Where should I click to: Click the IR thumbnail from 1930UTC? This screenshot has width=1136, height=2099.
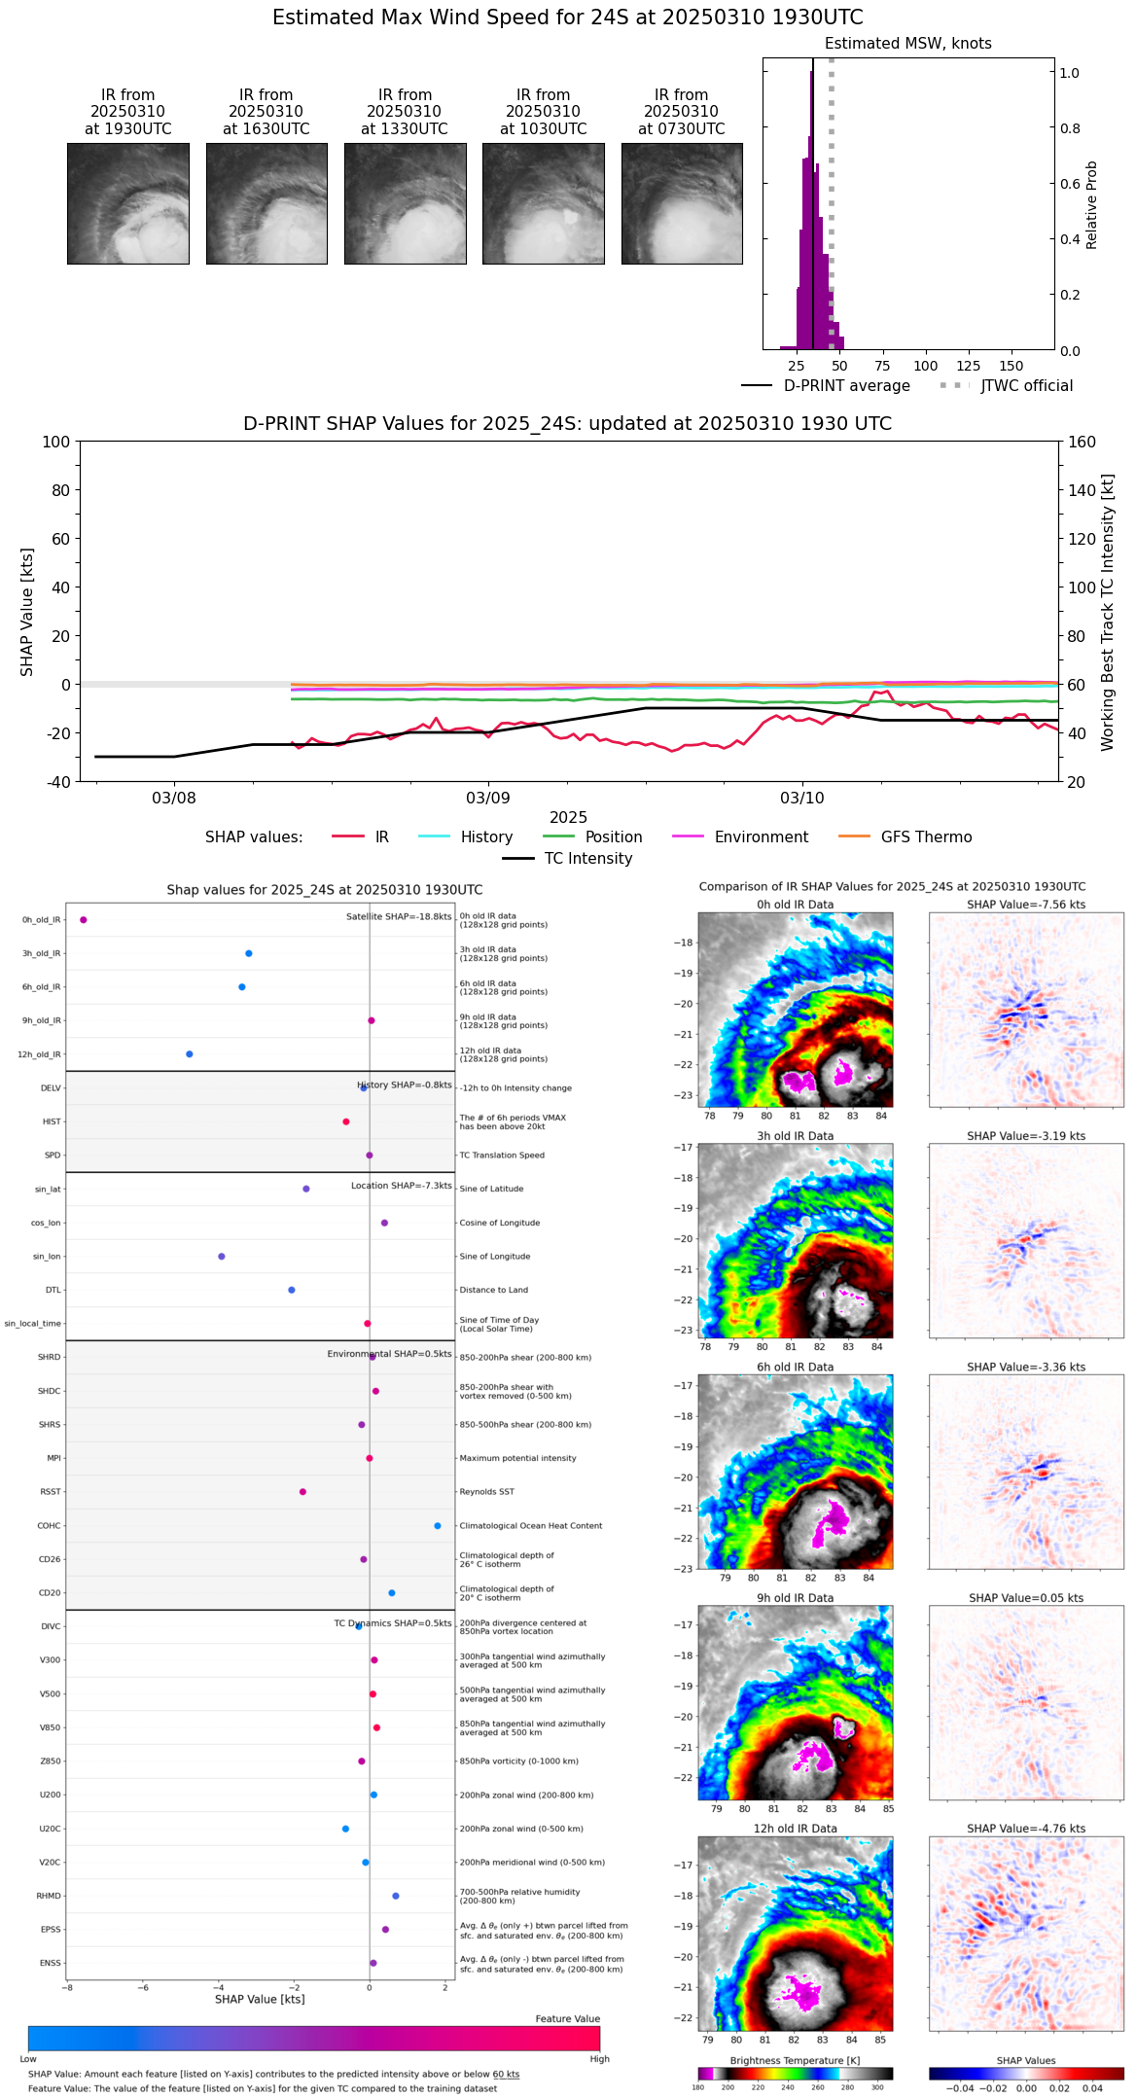[x=128, y=203]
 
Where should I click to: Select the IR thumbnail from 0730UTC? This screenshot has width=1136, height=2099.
[x=682, y=203]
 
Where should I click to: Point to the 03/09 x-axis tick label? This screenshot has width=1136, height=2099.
[x=488, y=798]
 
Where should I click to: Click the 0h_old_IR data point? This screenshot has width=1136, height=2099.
[x=84, y=920]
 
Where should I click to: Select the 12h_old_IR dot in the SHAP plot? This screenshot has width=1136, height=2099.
[x=190, y=1054]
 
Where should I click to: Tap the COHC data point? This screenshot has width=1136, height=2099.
[x=438, y=1526]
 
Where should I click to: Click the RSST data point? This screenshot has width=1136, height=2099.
[x=302, y=1492]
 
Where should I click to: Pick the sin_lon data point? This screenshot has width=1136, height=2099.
[x=222, y=1257]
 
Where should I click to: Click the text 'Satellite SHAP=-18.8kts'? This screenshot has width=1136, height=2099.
[x=399, y=916]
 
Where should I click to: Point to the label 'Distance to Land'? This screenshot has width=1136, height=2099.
[x=493, y=1290]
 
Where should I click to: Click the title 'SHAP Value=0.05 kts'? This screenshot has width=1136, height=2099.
[x=1026, y=1598]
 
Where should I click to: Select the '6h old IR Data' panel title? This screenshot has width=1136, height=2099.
[x=795, y=1367]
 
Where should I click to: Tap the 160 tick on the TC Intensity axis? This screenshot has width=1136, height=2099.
[x=1082, y=442]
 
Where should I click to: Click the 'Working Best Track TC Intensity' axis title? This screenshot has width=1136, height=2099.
[x=1108, y=613]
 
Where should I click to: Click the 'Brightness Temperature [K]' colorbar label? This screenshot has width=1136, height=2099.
[x=795, y=2060]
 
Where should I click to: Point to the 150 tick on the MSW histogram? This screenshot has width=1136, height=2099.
[x=1012, y=366]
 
